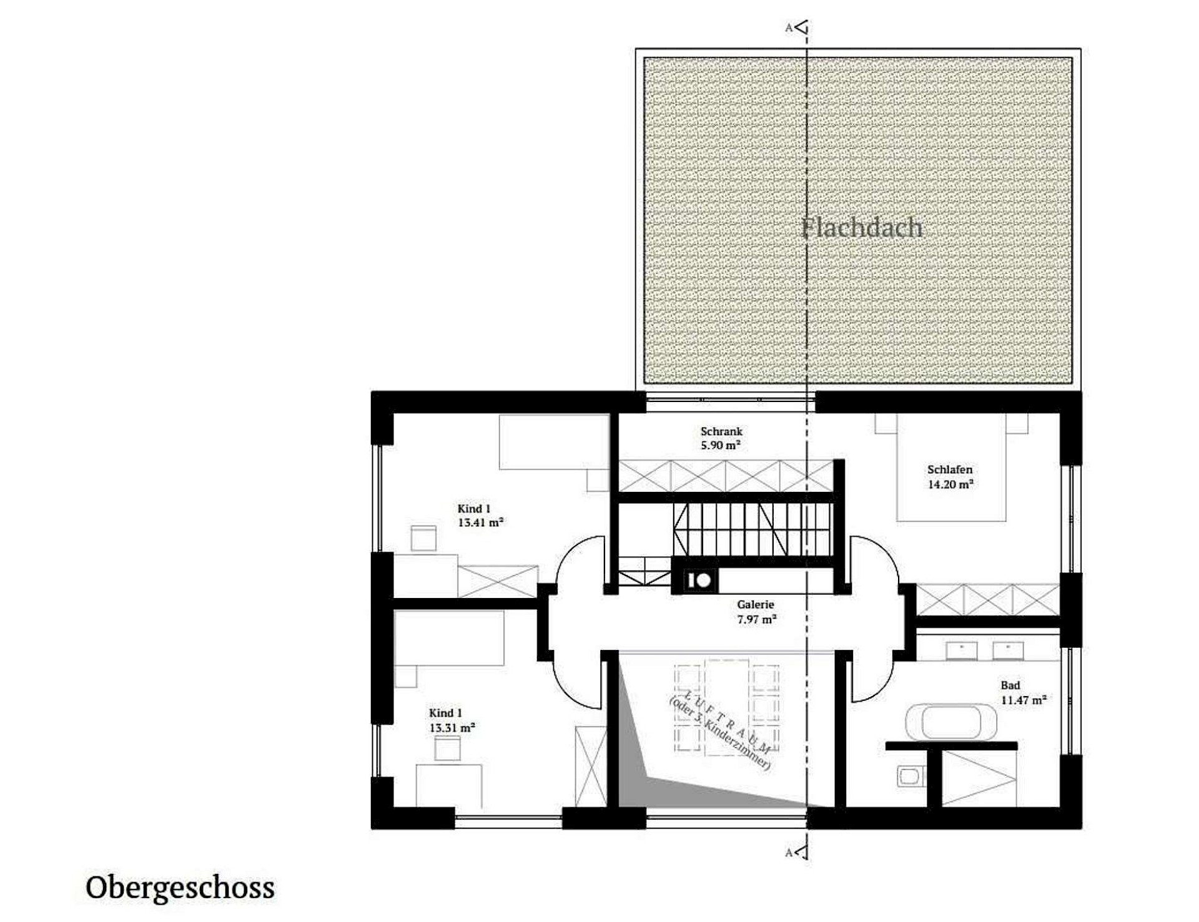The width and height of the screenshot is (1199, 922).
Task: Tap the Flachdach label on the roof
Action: (862, 228)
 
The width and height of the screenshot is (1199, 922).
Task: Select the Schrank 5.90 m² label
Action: (721, 438)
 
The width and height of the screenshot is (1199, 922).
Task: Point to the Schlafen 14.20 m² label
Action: (950, 476)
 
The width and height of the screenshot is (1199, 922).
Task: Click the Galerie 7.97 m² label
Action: (756, 612)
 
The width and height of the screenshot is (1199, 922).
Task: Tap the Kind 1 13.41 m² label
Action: (480, 516)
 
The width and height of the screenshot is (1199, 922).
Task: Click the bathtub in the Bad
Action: (950, 722)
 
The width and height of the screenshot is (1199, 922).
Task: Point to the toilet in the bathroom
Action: (910, 777)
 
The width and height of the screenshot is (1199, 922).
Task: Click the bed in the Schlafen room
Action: (951, 467)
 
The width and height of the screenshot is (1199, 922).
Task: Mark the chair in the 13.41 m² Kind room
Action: (423, 539)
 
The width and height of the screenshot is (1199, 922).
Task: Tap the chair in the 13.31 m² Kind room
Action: (447, 748)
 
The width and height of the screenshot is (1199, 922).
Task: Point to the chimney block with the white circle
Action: (695, 581)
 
